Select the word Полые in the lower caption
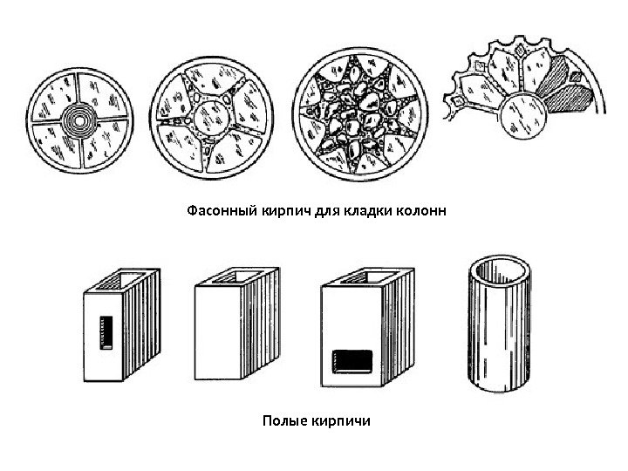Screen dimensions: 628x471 click(x=282, y=421)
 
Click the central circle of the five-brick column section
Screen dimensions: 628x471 click(x=212, y=119)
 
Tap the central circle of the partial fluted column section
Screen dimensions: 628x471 click(x=521, y=116)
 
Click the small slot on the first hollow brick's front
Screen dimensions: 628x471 click(x=106, y=332)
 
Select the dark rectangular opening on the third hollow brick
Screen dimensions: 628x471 click(x=352, y=358)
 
